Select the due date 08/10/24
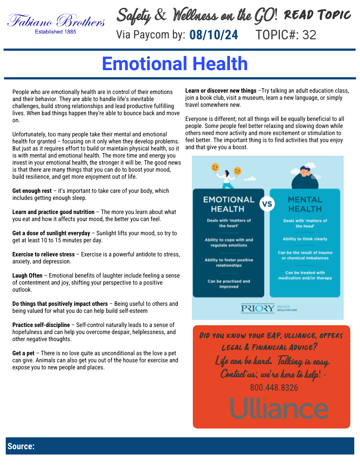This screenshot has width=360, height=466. [214, 35]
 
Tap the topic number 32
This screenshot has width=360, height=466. [309, 35]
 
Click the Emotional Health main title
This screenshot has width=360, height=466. [175, 64]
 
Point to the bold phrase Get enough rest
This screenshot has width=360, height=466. [32, 191]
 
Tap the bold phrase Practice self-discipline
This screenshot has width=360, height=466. [41, 325]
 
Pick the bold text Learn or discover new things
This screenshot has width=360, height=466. [221, 91]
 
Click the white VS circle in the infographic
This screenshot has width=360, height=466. [267, 205]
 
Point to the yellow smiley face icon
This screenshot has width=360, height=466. [215, 167]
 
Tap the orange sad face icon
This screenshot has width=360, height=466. [237, 170]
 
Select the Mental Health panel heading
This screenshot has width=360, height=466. [305, 204]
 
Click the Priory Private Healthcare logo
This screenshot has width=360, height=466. [269, 308]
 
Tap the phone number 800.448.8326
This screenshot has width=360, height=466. [274, 388]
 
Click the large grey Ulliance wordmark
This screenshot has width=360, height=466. [279, 408]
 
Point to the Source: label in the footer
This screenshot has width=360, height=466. [21, 446]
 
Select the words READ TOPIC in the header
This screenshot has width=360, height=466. [318, 16]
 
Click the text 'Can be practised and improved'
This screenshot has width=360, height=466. [229, 284]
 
